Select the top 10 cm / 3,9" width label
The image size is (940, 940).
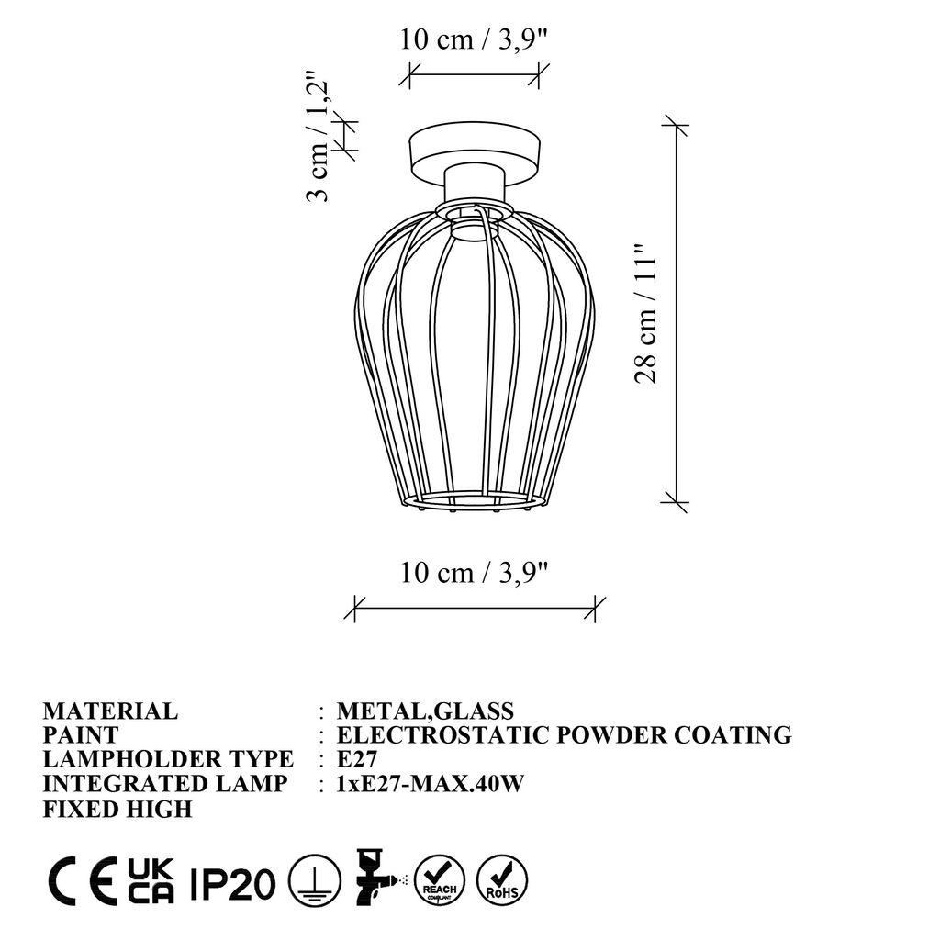(x=474, y=40)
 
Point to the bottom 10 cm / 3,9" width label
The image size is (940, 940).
(x=474, y=573)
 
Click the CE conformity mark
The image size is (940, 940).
(x=82, y=882)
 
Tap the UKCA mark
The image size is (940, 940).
(x=151, y=882)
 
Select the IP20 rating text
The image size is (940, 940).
(x=233, y=884)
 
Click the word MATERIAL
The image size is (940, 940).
(x=110, y=711)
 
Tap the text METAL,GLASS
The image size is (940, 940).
(x=425, y=711)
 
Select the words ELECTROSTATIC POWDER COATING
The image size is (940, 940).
(x=564, y=735)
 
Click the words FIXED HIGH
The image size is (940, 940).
(x=117, y=809)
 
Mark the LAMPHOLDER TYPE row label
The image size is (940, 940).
(x=168, y=760)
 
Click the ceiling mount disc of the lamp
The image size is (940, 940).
(x=474, y=151)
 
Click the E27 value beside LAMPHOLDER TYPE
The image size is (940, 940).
(x=357, y=760)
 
